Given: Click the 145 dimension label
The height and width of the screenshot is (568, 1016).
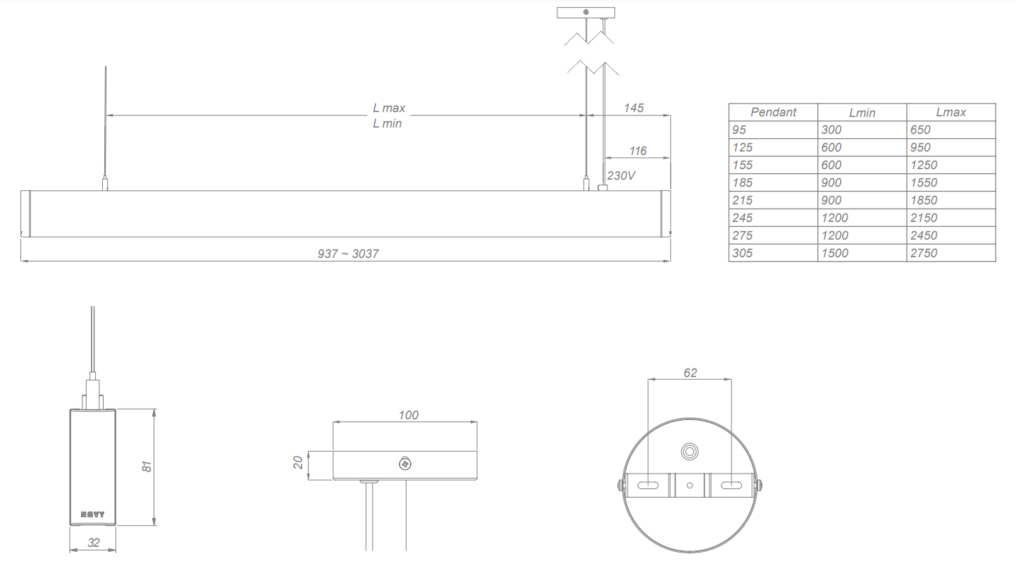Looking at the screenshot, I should (x=633, y=108).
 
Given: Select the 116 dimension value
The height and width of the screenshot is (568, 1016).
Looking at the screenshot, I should (x=638, y=151).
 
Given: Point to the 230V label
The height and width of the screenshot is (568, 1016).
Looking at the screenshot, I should (x=621, y=175).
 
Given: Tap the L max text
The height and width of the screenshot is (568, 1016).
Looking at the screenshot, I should (x=389, y=109).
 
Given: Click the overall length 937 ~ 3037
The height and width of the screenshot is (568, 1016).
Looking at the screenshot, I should (x=348, y=254).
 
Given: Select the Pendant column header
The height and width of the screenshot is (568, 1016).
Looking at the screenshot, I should (x=773, y=112).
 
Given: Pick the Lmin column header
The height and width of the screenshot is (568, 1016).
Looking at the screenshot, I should (x=862, y=113).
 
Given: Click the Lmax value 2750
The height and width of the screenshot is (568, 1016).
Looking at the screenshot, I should (x=924, y=253).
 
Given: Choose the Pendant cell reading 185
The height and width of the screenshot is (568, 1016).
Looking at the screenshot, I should (x=743, y=183).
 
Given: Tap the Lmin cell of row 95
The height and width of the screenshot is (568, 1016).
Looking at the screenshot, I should (x=831, y=130).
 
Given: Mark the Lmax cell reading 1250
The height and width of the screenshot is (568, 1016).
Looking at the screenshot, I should (x=924, y=165).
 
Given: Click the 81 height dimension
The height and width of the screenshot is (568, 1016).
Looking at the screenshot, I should (x=147, y=467).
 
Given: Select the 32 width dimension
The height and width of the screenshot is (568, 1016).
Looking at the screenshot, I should (x=93, y=543).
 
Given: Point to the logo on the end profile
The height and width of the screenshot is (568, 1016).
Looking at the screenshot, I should (x=92, y=514).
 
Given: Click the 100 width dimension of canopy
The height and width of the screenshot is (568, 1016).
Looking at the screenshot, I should (x=408, y=415).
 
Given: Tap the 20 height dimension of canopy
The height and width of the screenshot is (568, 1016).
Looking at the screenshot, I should (x=298, y=463).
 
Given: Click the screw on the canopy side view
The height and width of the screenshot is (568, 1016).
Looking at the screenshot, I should (x=405, y=464).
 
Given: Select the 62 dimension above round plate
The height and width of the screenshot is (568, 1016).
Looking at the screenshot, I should (x=690, y=372).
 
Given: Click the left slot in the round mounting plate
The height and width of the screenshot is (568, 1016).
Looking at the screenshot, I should (x=648, y=485).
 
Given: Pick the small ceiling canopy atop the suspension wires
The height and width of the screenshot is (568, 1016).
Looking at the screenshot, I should (x=586, y=12).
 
